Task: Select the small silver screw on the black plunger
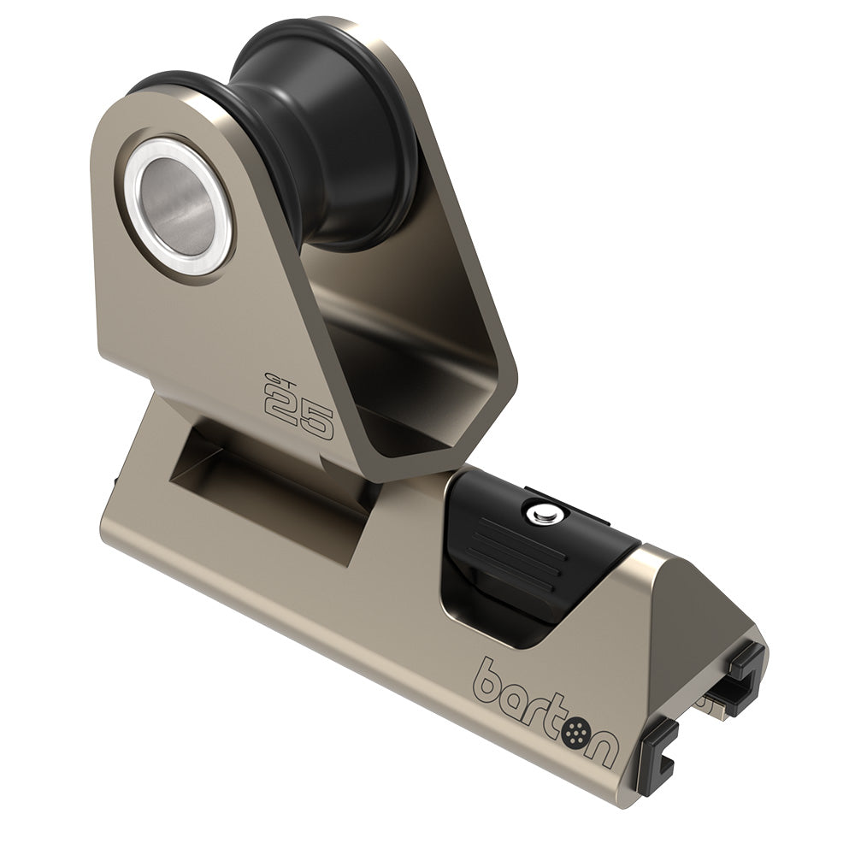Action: coord(540,515)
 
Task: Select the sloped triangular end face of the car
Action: coord(675,650)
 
